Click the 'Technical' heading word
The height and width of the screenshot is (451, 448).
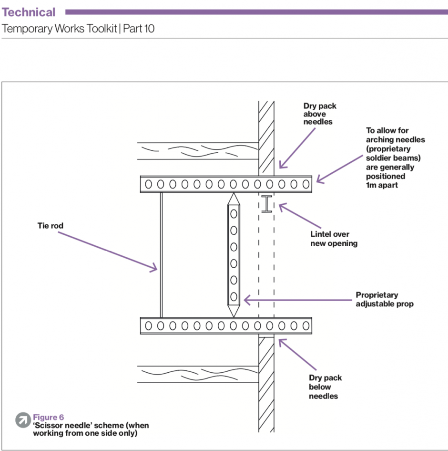29,12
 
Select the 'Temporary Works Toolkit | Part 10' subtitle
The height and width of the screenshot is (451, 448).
78,29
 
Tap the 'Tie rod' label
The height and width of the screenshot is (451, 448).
51,225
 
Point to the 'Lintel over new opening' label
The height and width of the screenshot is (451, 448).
334,239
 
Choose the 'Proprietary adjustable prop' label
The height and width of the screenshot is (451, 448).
384,299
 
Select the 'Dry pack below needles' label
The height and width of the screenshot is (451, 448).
325,387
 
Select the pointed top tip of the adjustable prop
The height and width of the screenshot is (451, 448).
234,195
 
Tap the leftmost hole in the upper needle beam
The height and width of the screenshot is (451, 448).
148,184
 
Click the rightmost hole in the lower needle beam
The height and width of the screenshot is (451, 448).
305,326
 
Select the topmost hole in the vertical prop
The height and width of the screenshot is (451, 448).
234,214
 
